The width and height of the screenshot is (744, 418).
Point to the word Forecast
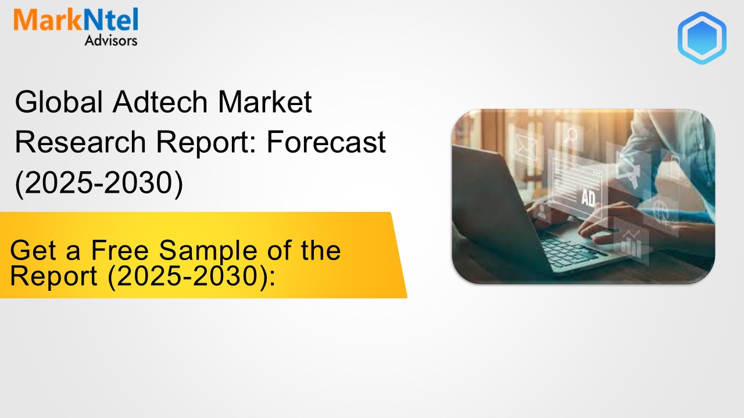pos(326,143)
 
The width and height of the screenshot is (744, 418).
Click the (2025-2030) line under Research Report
pos(99,182)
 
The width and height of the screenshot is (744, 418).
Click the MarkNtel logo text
pos(76,21)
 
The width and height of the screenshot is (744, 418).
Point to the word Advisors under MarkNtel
pos(110,41)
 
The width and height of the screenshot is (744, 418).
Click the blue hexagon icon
pos(702,38)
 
